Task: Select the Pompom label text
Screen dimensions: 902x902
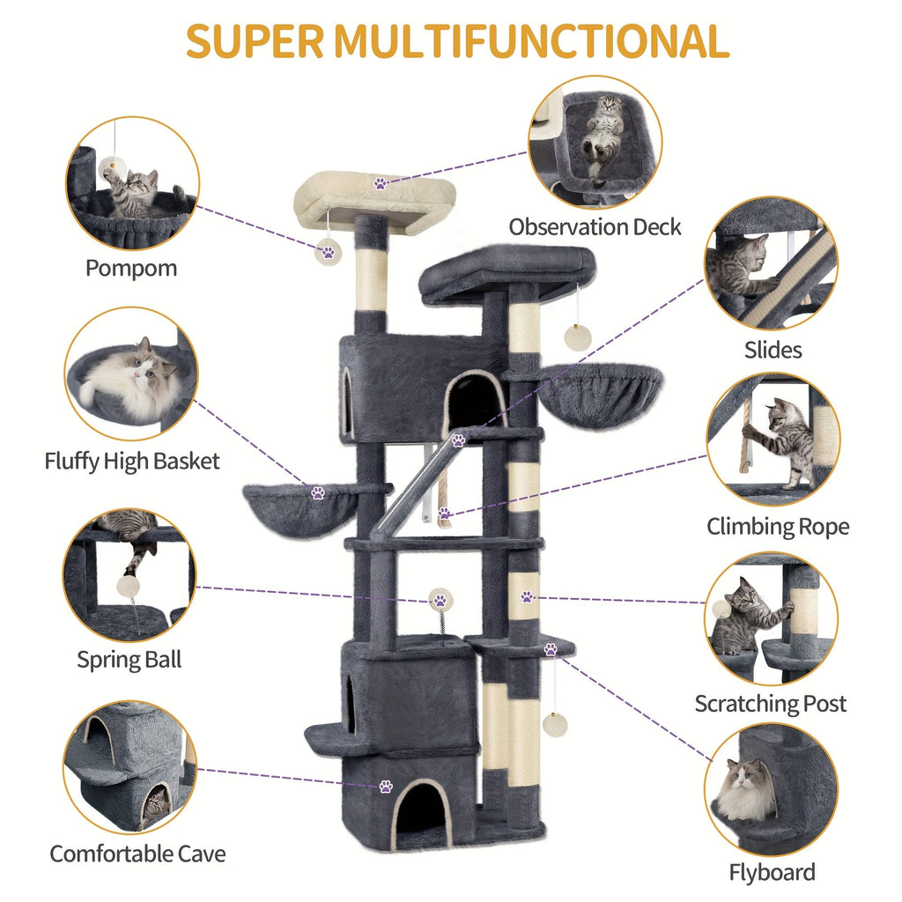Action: [131, 268]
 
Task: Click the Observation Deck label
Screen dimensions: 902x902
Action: [595, 226]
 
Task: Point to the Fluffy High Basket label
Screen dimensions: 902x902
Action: [132, 461]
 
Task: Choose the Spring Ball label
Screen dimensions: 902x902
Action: [129, 659]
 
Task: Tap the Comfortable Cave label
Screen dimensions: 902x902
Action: [137, 853]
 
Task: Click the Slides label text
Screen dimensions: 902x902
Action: [772, 350]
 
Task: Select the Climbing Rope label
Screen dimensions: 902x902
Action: [778, 527]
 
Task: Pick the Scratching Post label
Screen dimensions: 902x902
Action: [770, 704]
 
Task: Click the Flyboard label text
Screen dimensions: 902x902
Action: [772, 872]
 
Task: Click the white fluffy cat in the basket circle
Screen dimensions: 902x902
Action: [132, 380]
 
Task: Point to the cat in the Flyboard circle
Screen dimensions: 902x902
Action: [746, 788]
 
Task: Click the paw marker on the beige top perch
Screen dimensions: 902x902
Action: [381, 184]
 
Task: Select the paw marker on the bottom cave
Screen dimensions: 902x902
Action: [386, 786]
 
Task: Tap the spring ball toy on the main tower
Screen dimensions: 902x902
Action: [439, 602]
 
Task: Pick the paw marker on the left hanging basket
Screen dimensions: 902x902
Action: [318, 493]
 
